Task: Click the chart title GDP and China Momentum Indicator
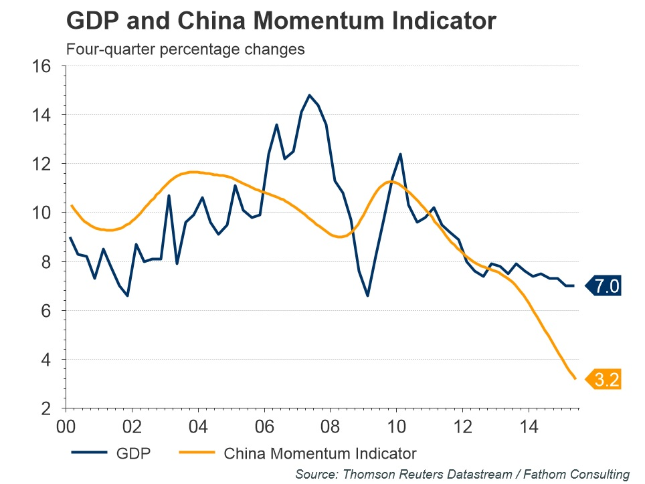click(281, 21)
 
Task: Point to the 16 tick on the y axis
click(42, 66)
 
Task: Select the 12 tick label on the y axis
click(42, 164)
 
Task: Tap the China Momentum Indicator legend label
click(320, 454)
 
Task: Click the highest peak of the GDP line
click(309, 95)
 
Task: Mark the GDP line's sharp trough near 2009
click(367, 295)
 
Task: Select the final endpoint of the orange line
click(575, 378)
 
